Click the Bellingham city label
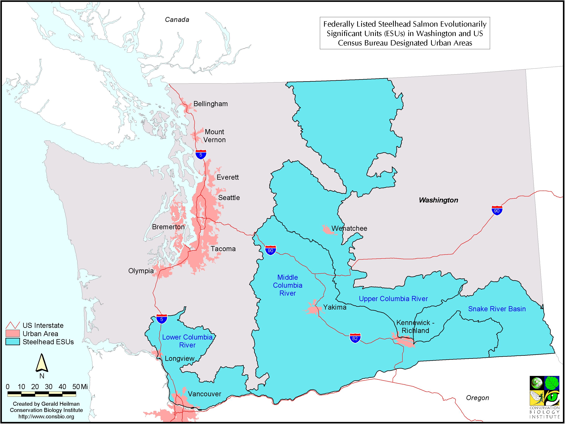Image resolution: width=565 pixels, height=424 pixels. pos(210,104)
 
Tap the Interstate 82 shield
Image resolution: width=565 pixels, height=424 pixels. pos(355,338)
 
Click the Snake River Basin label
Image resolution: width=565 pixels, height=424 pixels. pos(497,309)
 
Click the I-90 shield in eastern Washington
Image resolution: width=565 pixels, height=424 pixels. pos(497,210)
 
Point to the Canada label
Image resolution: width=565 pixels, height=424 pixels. pos(177,20)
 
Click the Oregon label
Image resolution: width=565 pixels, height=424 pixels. pos(477,398)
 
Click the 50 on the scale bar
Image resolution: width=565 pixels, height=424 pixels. pos(76,386)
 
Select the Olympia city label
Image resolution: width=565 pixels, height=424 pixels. pos(141,271)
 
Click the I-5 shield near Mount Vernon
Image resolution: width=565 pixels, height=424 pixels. pos(201,155)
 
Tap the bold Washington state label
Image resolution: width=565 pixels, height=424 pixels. pos(438,200)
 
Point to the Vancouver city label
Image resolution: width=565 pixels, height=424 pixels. pos(204,394)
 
